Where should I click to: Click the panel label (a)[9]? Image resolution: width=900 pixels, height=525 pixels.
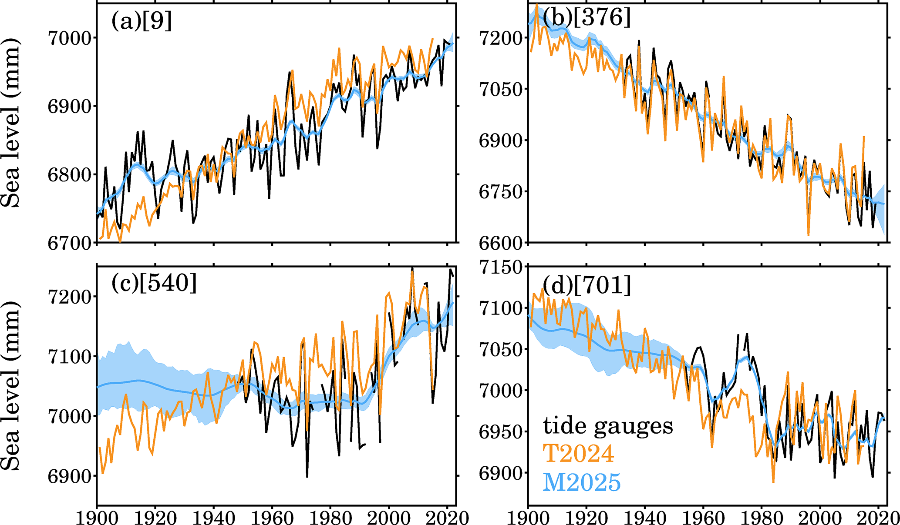tap(142, 21)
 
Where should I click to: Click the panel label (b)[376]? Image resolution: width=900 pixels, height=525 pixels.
tap(587, 18)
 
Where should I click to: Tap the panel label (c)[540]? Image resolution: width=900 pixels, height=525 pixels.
tap(154, 283)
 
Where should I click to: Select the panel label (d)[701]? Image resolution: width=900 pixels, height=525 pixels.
tap(587, 285)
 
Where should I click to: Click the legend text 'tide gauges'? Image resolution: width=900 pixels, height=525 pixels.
tap(608, 426)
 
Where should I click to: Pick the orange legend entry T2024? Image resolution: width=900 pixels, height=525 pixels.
tap(579, 453)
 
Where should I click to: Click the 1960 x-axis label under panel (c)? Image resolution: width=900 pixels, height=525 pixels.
tap(272, 518)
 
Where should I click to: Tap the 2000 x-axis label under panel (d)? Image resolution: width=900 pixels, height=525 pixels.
tap(820, 518)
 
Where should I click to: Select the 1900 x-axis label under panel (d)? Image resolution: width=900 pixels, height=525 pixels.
tap(528, 518)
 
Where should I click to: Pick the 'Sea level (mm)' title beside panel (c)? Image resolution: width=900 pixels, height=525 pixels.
tap(11, 385)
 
